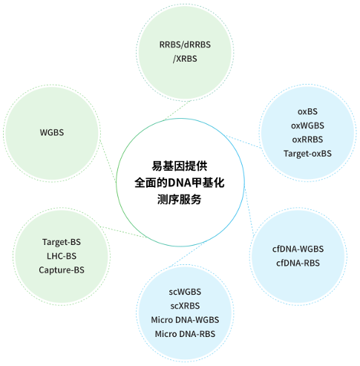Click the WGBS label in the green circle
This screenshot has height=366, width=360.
click(52, 132)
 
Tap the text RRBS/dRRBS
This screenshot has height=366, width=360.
click(185, 45)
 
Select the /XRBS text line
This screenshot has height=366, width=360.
click(185, 59)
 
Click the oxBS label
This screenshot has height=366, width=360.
click(307, 111)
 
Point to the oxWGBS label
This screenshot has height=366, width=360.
click(307, 125)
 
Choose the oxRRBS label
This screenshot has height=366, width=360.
click(307, 140)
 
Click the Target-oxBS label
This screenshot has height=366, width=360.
click(307, 154)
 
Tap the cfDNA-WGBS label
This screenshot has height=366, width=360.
click(298, 249)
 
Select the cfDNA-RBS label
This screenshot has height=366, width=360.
click(298, 263)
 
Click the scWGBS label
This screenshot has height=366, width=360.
click(185, 292)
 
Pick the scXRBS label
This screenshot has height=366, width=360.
click(185, 306)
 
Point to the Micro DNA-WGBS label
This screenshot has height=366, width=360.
click(185, 320)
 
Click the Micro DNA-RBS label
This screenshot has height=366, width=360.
click(185, 334)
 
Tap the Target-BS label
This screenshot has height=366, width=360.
click(62, 242)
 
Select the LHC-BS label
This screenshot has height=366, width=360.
click(62, 256)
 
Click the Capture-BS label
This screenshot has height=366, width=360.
click(62, 270)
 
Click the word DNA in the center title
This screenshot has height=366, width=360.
click(180, 183)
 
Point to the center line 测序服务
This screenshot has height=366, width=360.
click(179, 200)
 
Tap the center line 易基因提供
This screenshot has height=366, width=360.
click(179, 166)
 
